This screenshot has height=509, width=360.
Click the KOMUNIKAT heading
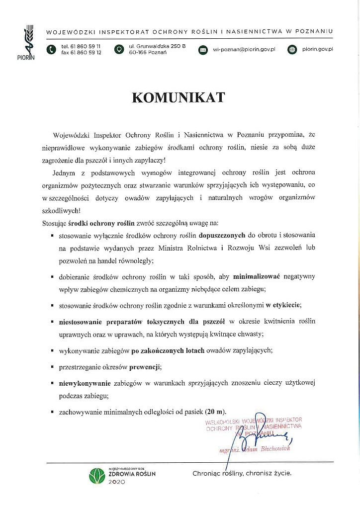click(178, 97)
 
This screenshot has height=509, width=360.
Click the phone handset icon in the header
click(51, 50)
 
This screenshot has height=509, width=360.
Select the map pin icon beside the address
click(118, 50)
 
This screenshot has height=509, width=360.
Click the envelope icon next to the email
click(203, 50)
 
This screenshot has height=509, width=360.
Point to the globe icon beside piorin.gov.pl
click(292, 50)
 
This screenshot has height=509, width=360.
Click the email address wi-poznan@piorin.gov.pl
click(244, 50)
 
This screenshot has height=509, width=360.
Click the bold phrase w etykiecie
click(283, 305)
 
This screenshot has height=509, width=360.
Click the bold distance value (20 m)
click(215, 412)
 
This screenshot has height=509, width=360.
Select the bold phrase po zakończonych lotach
click(168, 350)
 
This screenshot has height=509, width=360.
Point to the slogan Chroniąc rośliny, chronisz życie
click(242, 474)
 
